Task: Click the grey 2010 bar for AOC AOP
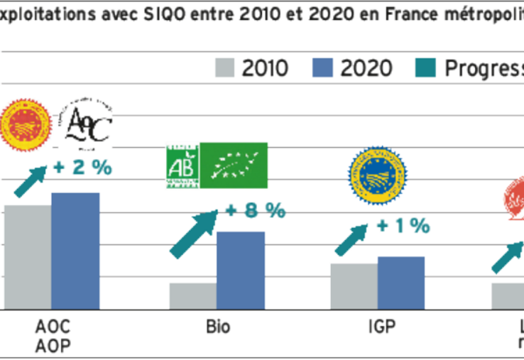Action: point(28,257)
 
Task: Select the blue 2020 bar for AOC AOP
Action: point(75,251)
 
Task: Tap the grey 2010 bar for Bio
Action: point(193,296)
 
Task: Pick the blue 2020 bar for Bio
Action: point(241,271)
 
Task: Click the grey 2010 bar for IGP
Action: point(354,286)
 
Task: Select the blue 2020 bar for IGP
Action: point(401,283)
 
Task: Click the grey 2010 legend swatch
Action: point(224,67)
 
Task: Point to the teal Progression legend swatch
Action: point(427,67)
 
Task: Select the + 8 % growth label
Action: point(255,210)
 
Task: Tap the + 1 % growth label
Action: point(403,226)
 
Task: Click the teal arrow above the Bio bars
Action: point(194,234)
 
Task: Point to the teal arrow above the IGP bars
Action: point(351,240)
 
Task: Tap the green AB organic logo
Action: point(180,166)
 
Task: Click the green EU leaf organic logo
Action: point(233,166)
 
